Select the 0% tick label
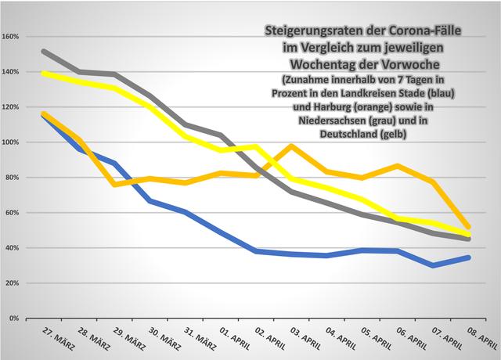pyautogui.click(x=16, y=319)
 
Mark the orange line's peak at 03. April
pyautogui.click(x=290, y=146)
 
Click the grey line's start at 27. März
pyautogui.click(x=42, y=52)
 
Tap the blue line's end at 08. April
pyautogui.click(x=469, y=257)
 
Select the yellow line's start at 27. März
pyautogui.click(x=42, y=73)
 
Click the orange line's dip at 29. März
pyautogui.click(x=114, y=185)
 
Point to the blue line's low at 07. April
pyautogui.click(x=433, y=265)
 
